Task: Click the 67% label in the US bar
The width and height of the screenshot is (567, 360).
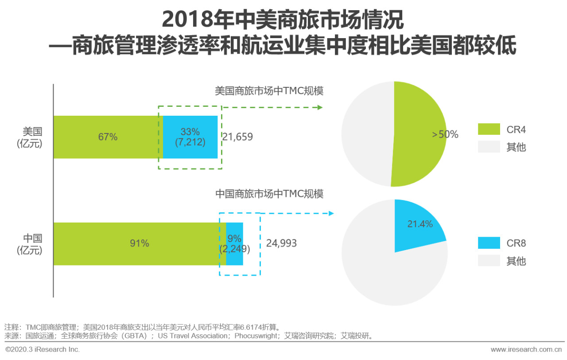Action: pyautogui.click(x=108, y=137)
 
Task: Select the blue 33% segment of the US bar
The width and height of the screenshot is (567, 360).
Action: pyautogui.click(x=190, y=137)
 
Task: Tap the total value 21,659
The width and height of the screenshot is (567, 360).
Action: pyautogui.click(x=237, y=137)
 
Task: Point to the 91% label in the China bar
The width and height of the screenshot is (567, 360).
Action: pyautogui.click(x=140, y=243)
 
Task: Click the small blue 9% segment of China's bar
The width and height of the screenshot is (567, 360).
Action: pyautogui.click(x=234, y=244)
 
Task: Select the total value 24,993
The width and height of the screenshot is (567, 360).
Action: pyautogui.click(x=281, y=243)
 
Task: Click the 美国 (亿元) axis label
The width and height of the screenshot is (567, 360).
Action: pyautogui.click(x=30, y=137)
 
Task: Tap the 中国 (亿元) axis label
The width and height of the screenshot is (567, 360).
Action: pyautogui.click(x=30, y=244)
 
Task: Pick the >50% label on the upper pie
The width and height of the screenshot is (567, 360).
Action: pyautogui.click(x=445, y=134)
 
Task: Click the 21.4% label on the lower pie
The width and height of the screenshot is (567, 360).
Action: pyautogui.click(x=420, y=224)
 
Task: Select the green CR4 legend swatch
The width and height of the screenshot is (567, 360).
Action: pyautogui.click(x=489, y=129)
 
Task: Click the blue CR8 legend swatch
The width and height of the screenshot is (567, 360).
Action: pyautogui.click(x=489, y=243)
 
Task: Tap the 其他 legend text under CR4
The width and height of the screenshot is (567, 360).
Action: pyautogui.click(x=516, y=147)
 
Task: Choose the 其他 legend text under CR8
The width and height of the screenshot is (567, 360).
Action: pyautogui.click(x=516, y=261)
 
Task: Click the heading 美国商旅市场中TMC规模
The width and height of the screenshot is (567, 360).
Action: pyautogui.click(x=269, y=91)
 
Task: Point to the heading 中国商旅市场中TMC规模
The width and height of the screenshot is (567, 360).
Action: pyautogui.click(x=269, y=194)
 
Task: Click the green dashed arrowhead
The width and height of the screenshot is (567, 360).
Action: pyautogui.click(x=320, y=107)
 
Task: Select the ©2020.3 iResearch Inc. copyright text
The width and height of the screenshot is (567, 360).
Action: pyautogui.click(x=43, y=349)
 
